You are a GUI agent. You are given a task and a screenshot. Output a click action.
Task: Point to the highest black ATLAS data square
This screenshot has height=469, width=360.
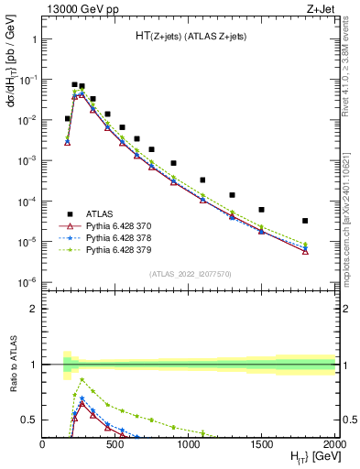(x=74, y=84)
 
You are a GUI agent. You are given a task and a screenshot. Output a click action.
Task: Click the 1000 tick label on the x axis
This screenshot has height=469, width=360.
(x=189, y=445)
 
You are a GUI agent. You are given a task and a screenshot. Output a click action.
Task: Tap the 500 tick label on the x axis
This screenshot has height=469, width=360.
(x=115, y=445)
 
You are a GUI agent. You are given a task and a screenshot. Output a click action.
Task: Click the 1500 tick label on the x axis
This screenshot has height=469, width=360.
(x=262, y=445)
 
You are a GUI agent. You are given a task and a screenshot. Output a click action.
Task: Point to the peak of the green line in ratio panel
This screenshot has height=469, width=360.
(x=82, y=378)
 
